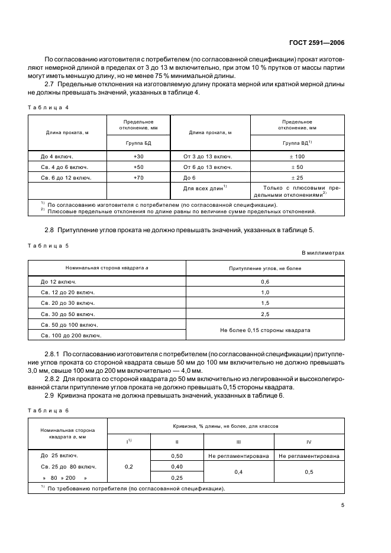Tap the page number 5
click(x=342, y=505)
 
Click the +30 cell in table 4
click(x=139, y=156)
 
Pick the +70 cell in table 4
click(x=139, y=177)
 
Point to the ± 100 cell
click(x=296, y=156)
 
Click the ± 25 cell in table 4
click(x=296, y=177)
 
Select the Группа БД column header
click(x=139, y=143)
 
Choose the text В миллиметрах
click(x=323, y=253)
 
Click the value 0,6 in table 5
click(x=265, y=282)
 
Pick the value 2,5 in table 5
click(x=265, y=314)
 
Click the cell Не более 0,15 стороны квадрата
click(x=265, y=330)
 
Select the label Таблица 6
click(x=48, y=409)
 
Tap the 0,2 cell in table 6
click(x=128, y=466)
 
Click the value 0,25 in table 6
click(x=177, y=477)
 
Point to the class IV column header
click(x=308, y=441)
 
